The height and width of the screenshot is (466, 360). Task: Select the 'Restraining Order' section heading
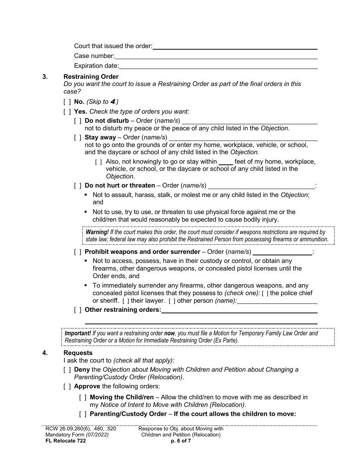pos(91,77)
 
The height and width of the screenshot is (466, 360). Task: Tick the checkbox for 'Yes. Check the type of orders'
pos(67,112)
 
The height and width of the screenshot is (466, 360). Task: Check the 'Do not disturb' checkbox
pos(78,121)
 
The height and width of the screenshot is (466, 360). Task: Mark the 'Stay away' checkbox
pos(78,138)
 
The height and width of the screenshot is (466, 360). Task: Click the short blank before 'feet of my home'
pos(226,162)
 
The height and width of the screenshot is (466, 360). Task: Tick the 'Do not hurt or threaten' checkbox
pos(78,186)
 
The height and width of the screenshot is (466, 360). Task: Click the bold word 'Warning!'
pos(97,232)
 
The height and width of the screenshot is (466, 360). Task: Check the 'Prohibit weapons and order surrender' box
pos(78,252)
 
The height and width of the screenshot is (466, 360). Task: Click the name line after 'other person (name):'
pos(277,301)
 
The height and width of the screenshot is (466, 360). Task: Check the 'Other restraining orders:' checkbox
pos(78,310)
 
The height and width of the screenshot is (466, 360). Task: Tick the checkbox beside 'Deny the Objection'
pos(67,370)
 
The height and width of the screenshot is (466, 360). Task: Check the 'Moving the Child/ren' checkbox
pos(83,397)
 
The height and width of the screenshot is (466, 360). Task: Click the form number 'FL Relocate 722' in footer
pos(63,441)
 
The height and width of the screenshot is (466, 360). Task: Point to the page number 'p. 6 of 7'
pos(181,441)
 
